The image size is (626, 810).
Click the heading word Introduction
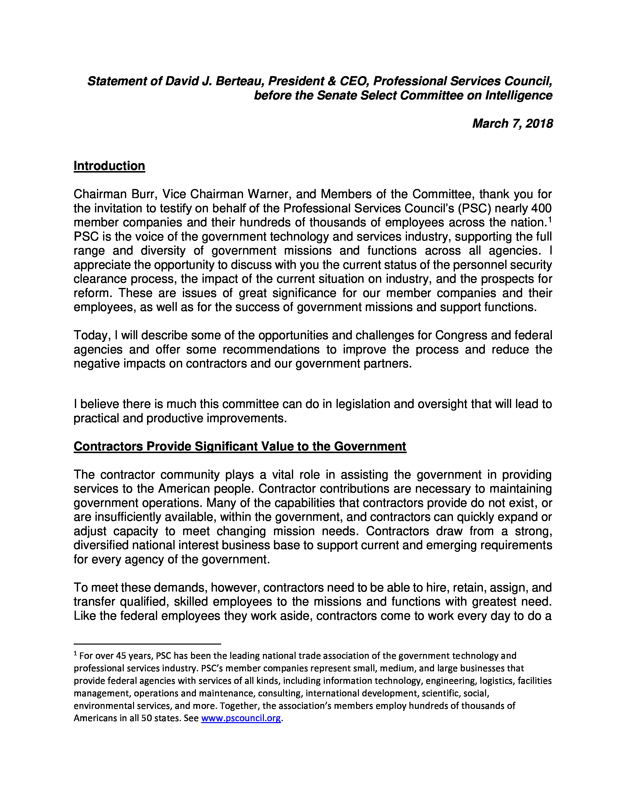tap(109, 166)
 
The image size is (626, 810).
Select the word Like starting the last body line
tap(84, 616)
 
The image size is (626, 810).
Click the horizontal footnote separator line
tap(147, 644)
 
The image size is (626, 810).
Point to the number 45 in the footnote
tap(121, 656)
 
